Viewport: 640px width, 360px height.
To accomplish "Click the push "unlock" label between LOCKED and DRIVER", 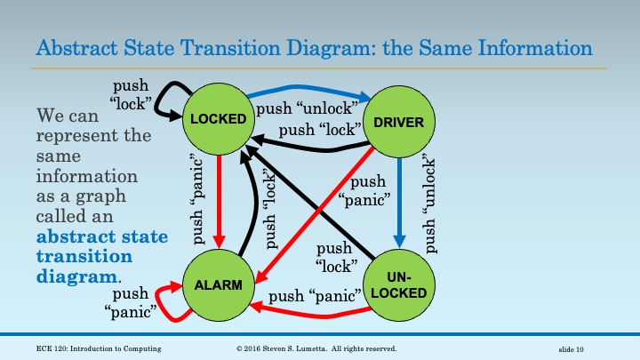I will [x=306, y=109].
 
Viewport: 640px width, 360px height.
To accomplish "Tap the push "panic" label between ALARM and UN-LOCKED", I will [x=314, y=294].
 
